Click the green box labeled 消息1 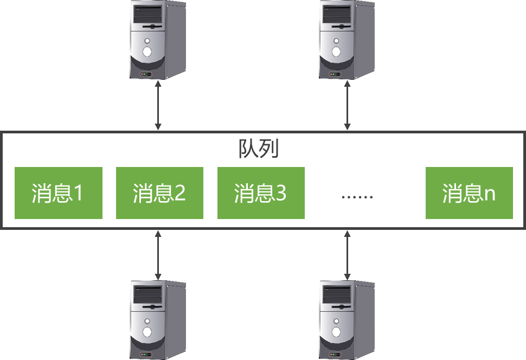[58, 193]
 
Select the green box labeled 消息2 [159, 193]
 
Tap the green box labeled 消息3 [261, 193]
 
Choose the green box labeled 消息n [469, 193]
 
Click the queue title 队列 [259, 149]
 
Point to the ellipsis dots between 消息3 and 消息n [357, 196]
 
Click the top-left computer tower [158, 40]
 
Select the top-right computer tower [347, 40]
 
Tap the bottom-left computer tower [158, 320]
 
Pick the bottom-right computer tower [347, 320]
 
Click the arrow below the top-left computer [158, 106]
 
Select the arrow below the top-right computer [347, 106]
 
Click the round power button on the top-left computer [147, 52]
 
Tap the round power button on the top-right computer [336, 52]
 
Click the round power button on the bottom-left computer [147, 332]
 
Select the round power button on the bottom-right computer [336, 332]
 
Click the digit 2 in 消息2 [180, 194]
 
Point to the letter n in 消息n [490, 195]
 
